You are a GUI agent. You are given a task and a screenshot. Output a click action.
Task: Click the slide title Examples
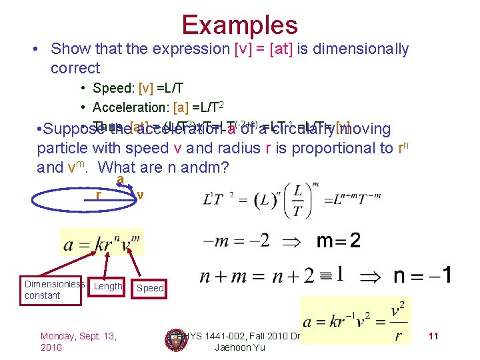tap(239, 25)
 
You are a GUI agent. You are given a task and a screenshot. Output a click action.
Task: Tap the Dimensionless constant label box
tap(54, 289)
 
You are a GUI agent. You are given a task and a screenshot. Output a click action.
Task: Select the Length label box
tap(108, 286)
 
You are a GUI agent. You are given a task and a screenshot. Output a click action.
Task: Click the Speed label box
tap(150, 288)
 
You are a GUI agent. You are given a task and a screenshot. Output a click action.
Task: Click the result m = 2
tap(338, 240)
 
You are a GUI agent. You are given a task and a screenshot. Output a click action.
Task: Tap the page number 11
tap(433, 336)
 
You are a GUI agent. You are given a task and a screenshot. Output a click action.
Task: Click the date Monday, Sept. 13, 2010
tap(79, 341)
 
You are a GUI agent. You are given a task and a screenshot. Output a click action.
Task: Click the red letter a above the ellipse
tap(120, 180)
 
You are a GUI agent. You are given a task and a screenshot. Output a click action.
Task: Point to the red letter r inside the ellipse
tap(98, 196)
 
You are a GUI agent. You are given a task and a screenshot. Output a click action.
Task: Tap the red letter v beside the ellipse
tap(140, 195)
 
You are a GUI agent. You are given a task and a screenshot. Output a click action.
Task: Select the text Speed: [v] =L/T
tap(138, 89)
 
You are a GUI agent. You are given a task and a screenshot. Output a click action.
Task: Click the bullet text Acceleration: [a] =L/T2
tap(159, 107)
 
